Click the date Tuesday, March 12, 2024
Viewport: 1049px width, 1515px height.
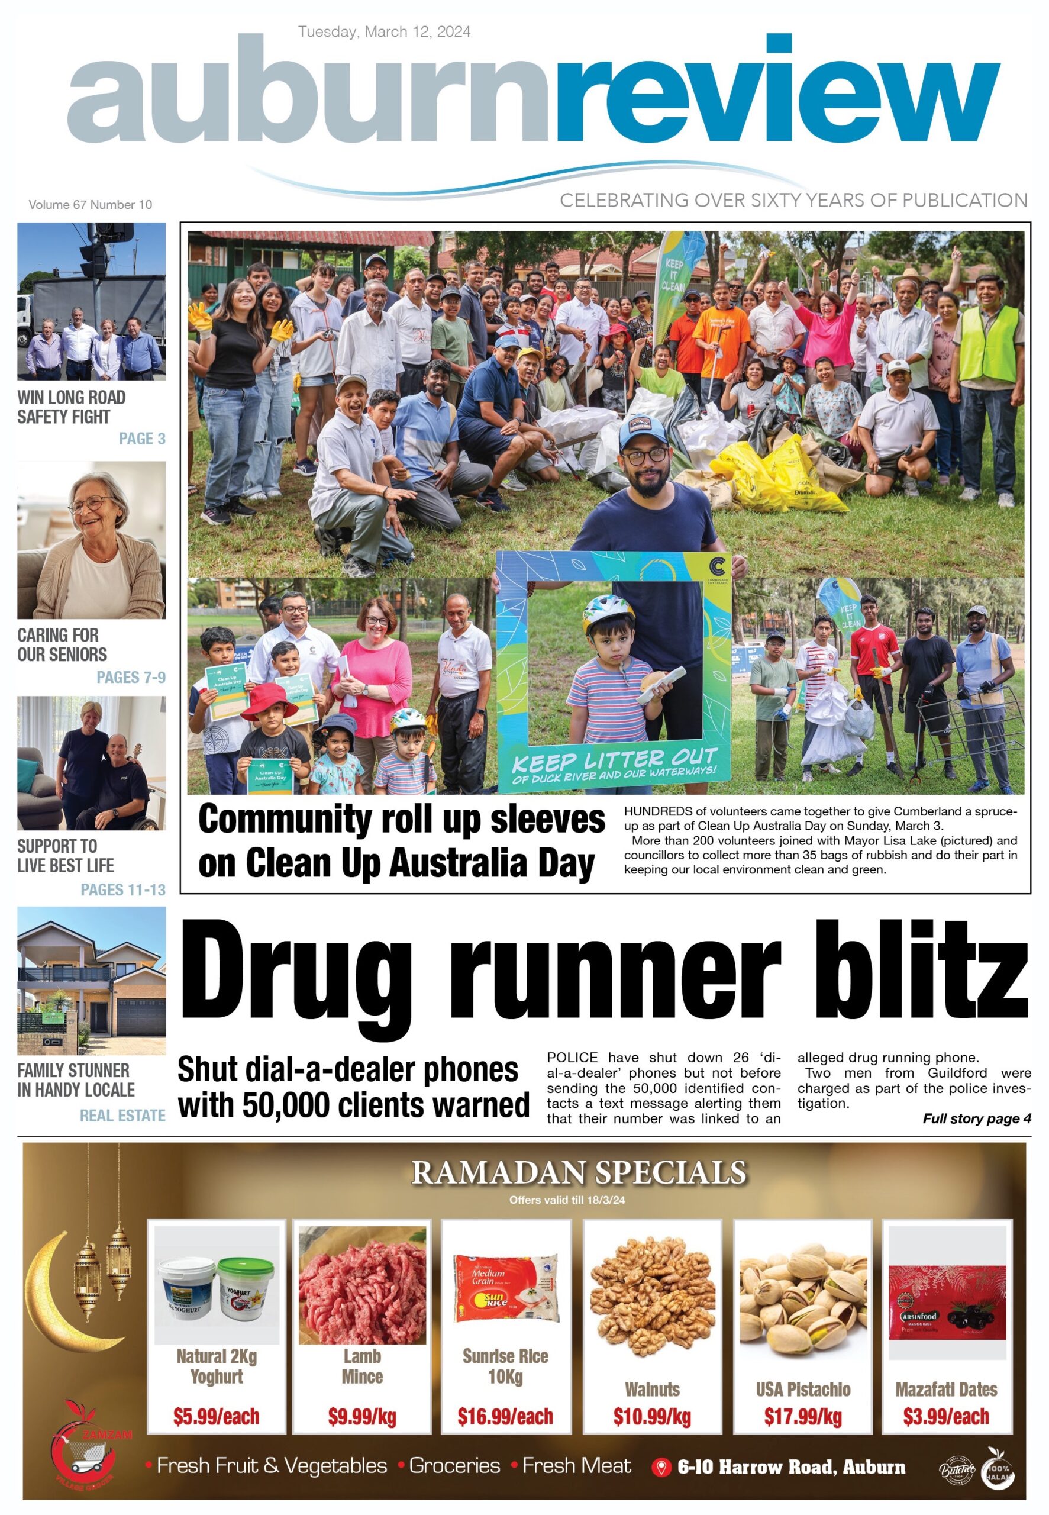[384, 31]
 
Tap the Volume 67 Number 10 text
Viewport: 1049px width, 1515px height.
[90, 204]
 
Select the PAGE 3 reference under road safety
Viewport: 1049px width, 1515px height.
[142, 439]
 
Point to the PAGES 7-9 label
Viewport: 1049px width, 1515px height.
[131, 677]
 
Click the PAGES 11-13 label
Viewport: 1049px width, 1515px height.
[123, 889]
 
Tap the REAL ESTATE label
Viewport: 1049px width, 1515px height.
[122, 1116]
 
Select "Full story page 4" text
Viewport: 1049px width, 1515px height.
[977, 1118]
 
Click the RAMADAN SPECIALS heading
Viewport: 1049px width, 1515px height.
[579, 1172]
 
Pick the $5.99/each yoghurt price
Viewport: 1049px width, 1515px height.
[216, 1416]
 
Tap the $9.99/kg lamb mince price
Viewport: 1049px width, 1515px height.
[362, 1416]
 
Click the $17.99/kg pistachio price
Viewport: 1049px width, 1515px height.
[802, 1416]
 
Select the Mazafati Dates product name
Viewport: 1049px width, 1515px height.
[946, 1389]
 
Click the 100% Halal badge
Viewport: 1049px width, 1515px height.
[998, 1468]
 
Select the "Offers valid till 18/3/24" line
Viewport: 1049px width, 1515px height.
[567, 1200]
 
